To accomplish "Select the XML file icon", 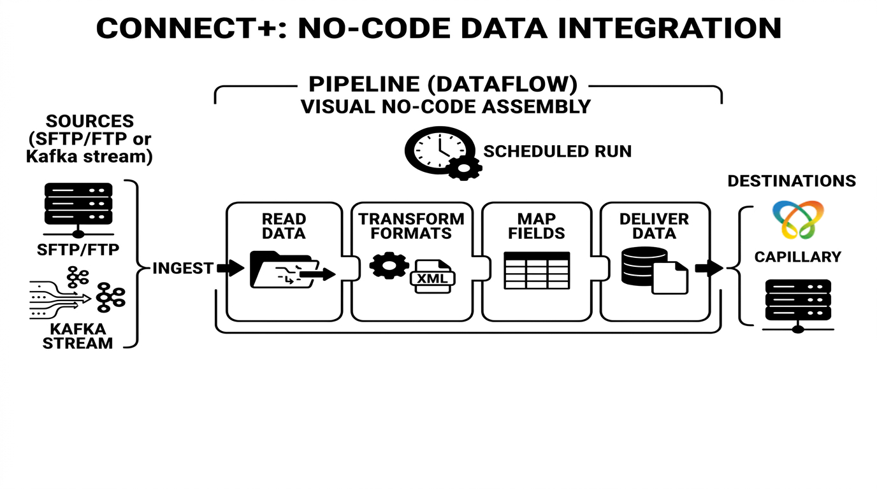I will [433, 276].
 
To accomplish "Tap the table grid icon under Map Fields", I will [537, 271].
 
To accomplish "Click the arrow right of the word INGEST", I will [230, 268].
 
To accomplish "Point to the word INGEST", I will [183, 269].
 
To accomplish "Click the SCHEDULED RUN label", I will [557, 152].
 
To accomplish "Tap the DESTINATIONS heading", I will [792, 181].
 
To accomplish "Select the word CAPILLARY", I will [798, 257].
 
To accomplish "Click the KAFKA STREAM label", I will [78, 336].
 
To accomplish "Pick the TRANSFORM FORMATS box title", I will [411, 226].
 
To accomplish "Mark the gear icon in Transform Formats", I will [389, 266].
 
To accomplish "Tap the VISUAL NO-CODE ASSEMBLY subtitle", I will [446, 106].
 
